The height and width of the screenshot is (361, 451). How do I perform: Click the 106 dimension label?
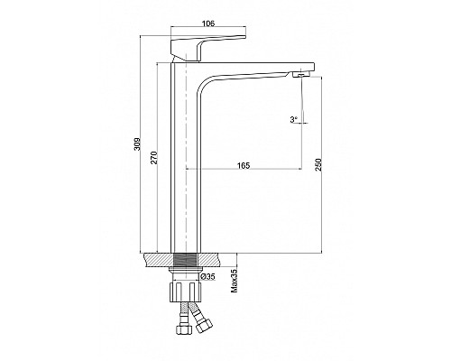pos(208,23)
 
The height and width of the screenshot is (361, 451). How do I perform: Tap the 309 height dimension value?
pos(137,143)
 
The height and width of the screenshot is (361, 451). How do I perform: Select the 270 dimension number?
pos(154,158)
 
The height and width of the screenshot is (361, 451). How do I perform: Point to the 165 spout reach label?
pos(244,165)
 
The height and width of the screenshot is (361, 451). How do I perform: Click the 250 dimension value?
pos(318,164)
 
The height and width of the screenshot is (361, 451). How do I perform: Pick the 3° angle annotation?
pos(293,119)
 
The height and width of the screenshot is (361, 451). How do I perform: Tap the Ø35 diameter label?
pos(207,276)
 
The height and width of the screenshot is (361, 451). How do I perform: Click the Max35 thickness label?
pos(234,281)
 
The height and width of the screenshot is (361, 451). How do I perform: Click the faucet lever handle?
pos(207,48)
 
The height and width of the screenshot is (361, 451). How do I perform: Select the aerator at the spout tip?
pos(301,74)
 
